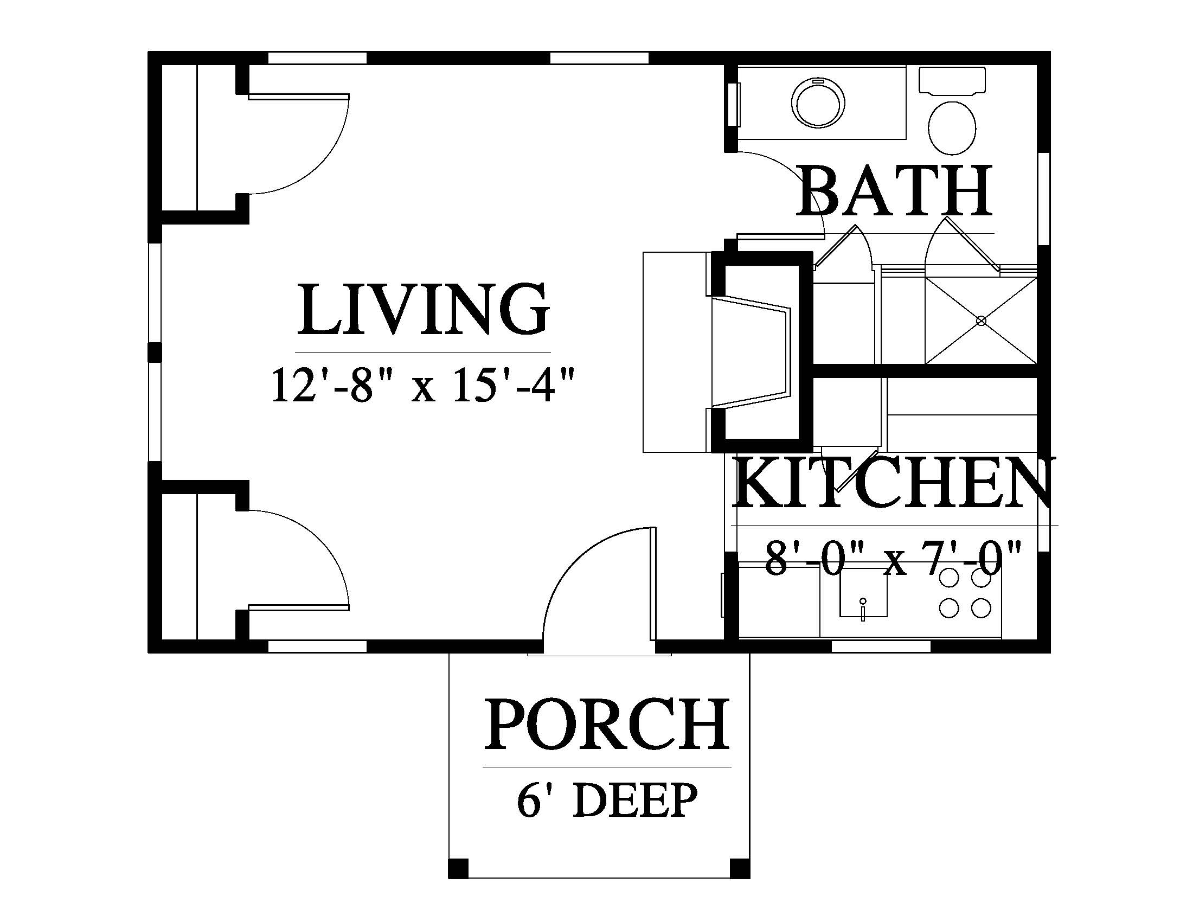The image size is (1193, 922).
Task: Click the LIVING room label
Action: click(x=424, y=309)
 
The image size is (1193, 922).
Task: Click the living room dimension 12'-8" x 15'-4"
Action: click(x=424, y=386)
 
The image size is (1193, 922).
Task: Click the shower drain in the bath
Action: click(x=982, y=321)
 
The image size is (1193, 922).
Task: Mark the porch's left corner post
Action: click(x=459, y=868)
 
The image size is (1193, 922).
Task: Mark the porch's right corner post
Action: click(x=740, y=868)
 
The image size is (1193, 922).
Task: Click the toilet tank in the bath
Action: click(x=952, y=81)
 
